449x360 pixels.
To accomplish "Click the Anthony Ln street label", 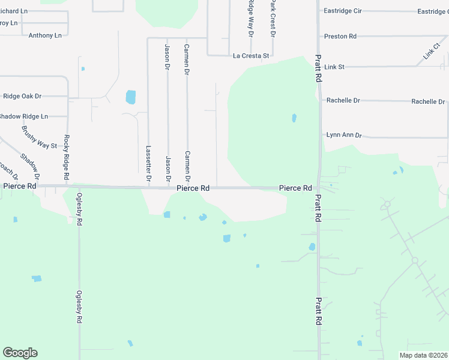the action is click(45, 35).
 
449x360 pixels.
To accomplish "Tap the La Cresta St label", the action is click(251, 56).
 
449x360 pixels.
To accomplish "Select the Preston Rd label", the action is click(340, 37).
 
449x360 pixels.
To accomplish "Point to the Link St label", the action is click(334, 67).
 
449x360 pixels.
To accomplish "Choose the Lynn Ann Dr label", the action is click(344, 135).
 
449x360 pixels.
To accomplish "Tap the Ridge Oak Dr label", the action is click(22, 96).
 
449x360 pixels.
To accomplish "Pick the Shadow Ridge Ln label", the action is click(24, 116).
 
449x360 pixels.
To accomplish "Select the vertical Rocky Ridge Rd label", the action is click(67, 158).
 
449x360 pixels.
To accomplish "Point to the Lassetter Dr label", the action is click(148, 164).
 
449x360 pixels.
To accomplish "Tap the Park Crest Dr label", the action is click(272, 18).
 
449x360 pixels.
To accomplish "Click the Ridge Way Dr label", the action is click(251, 18).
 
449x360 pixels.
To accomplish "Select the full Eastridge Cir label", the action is click(343, 11).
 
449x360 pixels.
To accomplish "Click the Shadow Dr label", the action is click(29, 167).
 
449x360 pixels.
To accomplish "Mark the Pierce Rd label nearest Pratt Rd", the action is click(295, 188).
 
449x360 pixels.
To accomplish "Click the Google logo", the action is click(20, 353).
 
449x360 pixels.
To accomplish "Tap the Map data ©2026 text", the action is click(423, 355).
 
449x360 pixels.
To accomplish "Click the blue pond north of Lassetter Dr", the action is click(130, 97).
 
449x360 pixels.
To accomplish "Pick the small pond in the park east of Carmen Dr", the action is click(294, 118).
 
